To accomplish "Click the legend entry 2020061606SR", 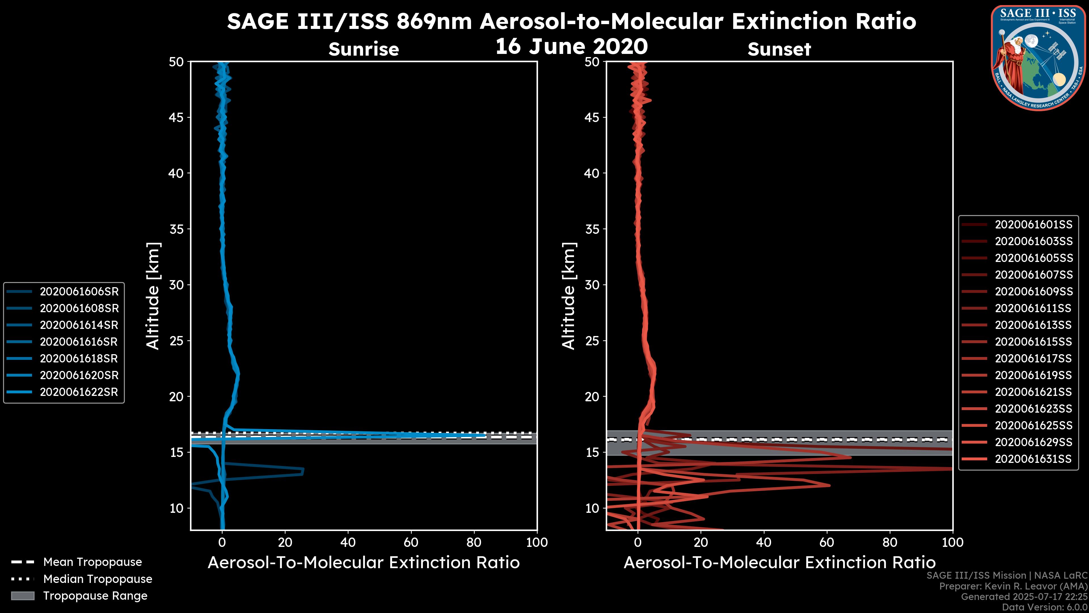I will [79, 291].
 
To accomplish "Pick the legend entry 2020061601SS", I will [1033, 225].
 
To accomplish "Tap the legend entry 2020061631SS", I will [1033, 459].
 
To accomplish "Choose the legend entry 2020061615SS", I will [1033, 342].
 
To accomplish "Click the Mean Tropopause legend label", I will [92, 562].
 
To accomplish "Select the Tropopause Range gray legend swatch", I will [23, 596].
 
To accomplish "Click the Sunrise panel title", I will [364, 49].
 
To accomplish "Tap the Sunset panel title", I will [779, 49].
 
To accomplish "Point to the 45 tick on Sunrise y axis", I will [176, 117].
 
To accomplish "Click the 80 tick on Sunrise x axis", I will [474, 542].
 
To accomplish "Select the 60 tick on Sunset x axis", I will [826, 542].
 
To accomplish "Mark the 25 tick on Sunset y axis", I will [592, 341].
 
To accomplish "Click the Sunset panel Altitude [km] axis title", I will [569, 296].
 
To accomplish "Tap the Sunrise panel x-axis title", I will [364, 563].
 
